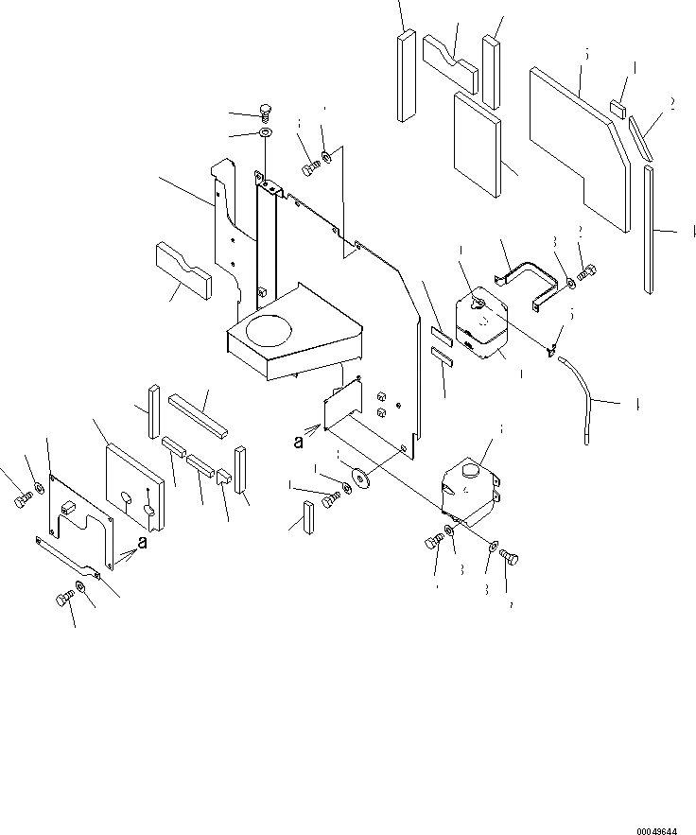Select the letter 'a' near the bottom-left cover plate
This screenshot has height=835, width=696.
142,543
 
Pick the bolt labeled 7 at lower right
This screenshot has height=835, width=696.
510,559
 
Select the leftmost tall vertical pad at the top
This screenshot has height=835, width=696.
406,75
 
